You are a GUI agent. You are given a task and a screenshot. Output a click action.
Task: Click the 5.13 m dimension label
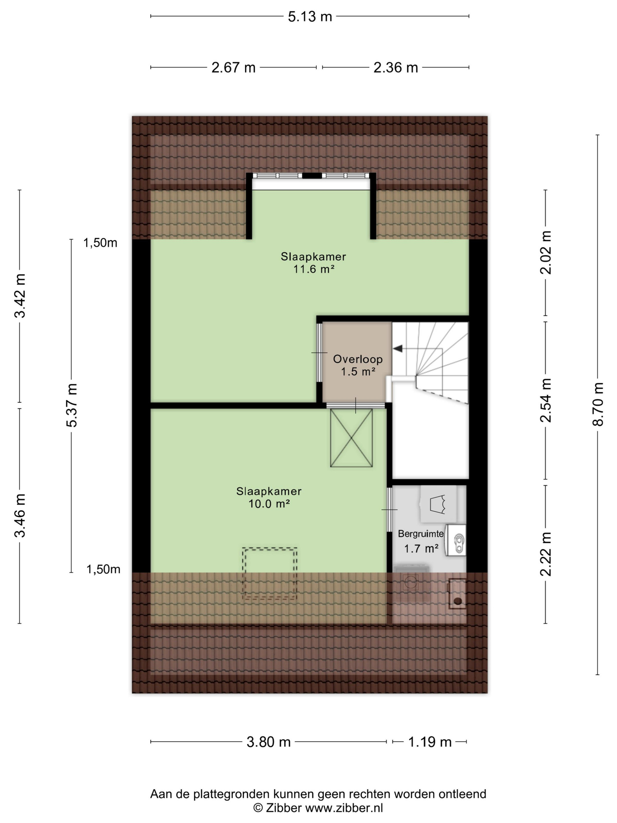309,17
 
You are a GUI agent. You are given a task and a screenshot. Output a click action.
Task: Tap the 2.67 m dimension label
233,68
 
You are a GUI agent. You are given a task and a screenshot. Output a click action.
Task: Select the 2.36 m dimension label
396,68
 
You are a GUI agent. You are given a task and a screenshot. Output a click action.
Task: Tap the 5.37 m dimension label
71,405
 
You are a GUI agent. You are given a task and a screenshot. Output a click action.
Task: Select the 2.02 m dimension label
546,252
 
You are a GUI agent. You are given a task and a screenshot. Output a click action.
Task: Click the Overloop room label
358,359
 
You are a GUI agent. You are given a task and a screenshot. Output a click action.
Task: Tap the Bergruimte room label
421,534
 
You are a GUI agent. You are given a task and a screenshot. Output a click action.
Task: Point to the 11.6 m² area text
313,269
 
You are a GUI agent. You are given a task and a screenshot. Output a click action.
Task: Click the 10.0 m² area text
269,504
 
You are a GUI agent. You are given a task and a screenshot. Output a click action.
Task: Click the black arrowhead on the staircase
398,349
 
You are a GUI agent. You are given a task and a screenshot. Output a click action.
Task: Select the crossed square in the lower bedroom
351,438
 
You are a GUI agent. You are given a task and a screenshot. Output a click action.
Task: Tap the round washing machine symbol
410,583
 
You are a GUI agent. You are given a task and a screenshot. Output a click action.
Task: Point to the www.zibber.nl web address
344,808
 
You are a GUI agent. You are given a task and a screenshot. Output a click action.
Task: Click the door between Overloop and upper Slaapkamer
319,352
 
